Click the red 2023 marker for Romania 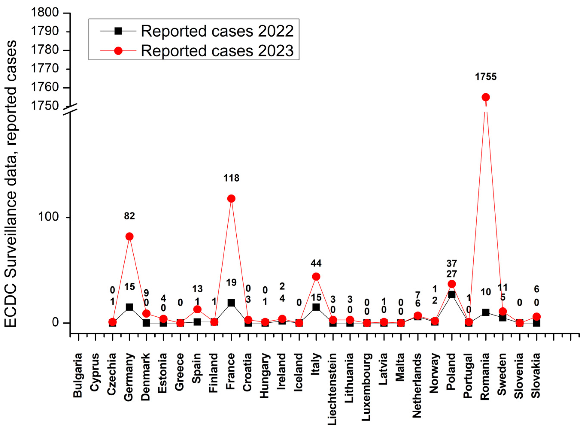pos(485,97)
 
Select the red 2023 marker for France pos(231,199)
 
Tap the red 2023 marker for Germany pos(129,237)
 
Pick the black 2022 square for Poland pos(452,295)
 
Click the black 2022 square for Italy pos(316,307)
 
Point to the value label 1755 pos(485,77)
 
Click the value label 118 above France pos(231,178)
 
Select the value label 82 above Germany pos(129,216)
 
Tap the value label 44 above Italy pos(316,264)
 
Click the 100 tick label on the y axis pos(48,217)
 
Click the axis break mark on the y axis pos(70,109)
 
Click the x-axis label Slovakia pos(536,376)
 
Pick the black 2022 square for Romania pos(485,312)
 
